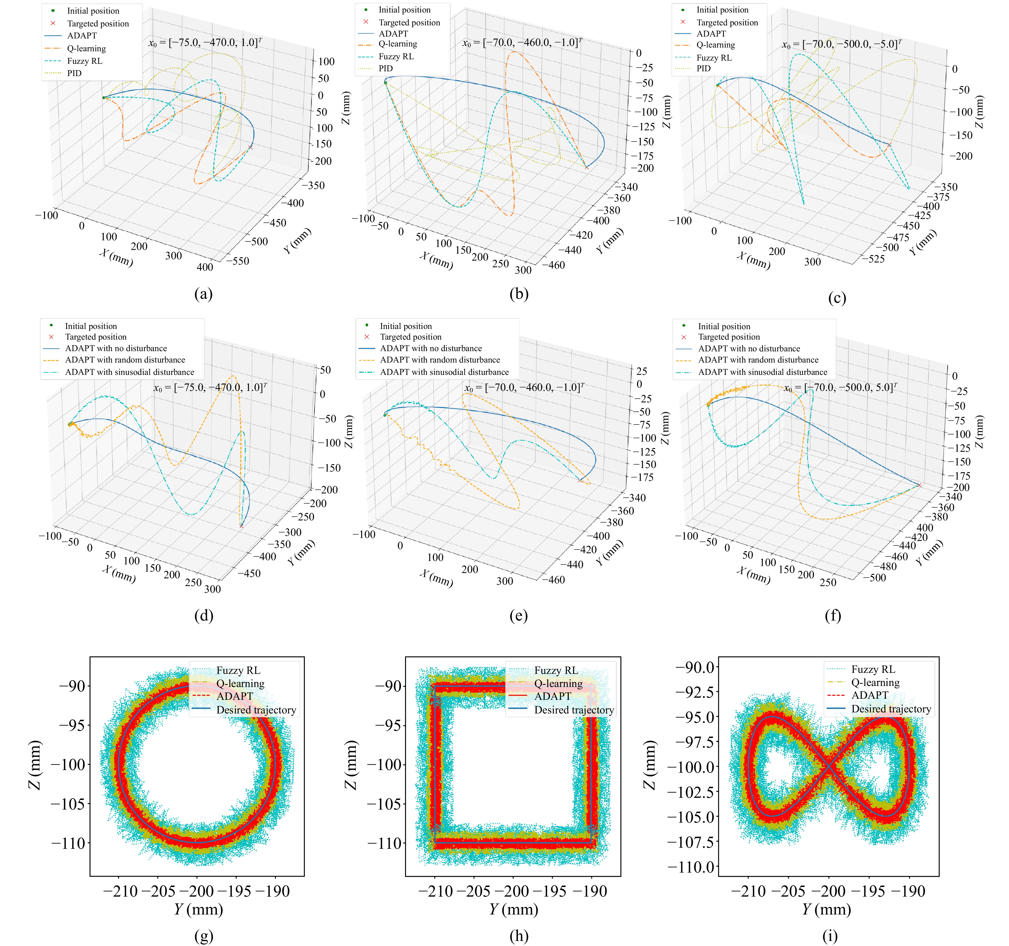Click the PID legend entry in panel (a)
[74, 73]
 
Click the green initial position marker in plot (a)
[104, 97]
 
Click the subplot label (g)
[203, 935]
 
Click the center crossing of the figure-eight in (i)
[828, 766]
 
